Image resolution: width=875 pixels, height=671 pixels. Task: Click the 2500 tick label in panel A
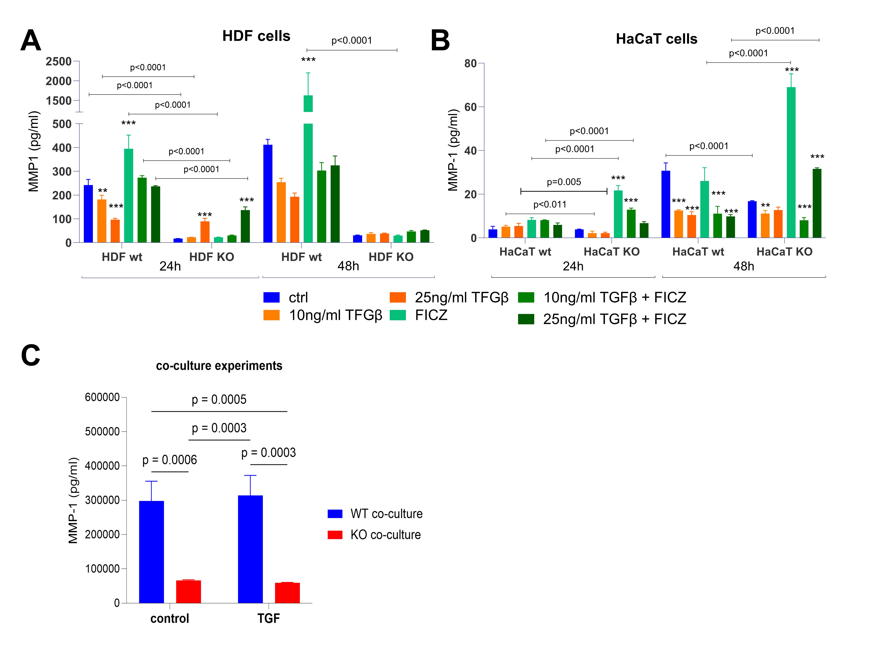pos(58,62)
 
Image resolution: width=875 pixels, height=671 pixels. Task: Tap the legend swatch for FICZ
pos(398,315)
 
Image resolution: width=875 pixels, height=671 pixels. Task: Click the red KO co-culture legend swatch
pos(335,535)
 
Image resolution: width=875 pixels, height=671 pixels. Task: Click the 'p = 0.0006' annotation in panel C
pos(170,460)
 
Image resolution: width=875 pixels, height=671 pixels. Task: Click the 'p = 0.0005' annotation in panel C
pos(219,399)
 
